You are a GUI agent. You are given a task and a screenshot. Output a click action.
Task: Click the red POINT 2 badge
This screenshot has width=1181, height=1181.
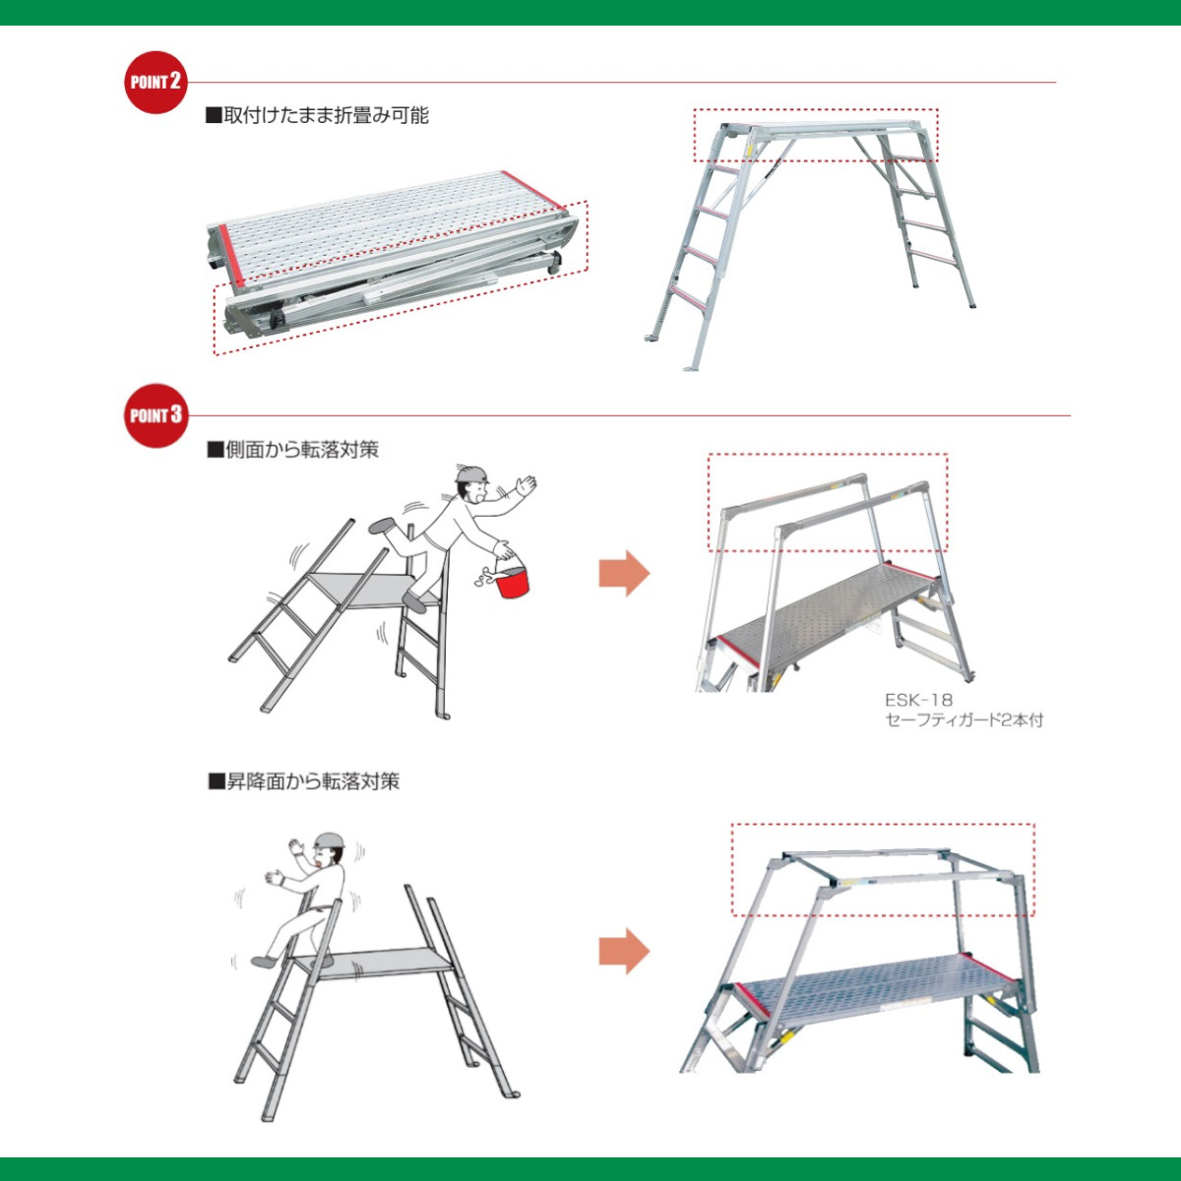click(155, 82)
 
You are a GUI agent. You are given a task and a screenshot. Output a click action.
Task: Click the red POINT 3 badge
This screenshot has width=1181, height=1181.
click(155, 415)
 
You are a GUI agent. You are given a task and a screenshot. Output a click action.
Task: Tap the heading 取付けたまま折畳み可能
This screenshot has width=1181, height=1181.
click(317, 115)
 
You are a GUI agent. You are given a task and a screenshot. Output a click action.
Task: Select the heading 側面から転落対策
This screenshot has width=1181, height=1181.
click(293, 450)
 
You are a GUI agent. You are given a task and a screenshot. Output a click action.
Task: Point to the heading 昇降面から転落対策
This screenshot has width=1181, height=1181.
click(304, 781)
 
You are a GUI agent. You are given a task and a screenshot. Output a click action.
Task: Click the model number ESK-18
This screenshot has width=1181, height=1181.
click(918, 700)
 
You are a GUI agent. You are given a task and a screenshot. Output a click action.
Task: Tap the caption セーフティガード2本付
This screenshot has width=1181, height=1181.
click(963, 720)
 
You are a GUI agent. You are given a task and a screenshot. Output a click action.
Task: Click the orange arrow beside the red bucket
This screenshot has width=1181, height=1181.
click(624, 573)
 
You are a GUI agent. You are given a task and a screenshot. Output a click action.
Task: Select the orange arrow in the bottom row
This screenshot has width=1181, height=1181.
click(624, 952)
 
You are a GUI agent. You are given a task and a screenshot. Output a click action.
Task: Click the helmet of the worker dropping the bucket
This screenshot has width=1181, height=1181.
click(471, 474)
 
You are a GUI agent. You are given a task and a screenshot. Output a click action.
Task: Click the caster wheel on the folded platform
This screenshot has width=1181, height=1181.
click(553, 263)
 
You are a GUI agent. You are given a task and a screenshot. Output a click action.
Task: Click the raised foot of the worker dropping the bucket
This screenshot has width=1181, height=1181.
click(382, 526)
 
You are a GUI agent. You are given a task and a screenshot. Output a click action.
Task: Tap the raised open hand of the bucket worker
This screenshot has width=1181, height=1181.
click(526, 485)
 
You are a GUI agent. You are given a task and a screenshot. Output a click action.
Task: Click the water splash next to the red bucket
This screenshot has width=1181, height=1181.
click(482, 580)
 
